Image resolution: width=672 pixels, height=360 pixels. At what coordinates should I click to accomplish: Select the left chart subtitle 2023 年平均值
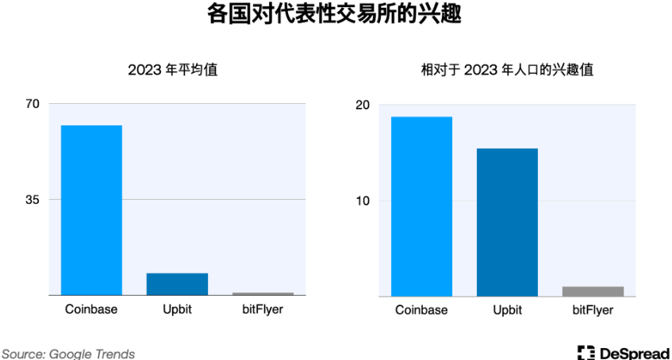173,70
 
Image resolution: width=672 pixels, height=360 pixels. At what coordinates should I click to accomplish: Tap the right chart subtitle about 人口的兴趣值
507,70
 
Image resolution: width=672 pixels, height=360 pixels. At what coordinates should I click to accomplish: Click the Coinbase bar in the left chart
91,210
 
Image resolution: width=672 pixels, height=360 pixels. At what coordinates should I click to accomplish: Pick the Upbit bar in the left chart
177,284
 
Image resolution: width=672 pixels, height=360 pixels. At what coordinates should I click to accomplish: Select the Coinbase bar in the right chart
421,206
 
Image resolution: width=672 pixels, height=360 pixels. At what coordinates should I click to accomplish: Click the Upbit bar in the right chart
507,222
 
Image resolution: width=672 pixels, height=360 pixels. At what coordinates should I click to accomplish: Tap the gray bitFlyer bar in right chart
593,291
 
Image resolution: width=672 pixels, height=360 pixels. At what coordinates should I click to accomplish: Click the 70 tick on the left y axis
33,104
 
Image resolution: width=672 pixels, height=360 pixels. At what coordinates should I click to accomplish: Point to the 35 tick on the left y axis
33,200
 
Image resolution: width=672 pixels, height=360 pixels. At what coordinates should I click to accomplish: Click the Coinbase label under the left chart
91,309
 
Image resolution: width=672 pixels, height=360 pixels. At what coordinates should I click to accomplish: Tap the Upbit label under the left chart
177,309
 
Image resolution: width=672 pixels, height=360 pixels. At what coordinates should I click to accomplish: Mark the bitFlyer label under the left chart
263,309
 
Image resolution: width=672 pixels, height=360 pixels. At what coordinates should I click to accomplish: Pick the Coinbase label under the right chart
421,310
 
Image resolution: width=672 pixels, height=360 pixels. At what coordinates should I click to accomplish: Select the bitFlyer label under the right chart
593,310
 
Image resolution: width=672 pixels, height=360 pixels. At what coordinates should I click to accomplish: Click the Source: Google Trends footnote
68,354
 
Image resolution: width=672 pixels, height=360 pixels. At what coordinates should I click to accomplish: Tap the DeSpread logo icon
586,353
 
